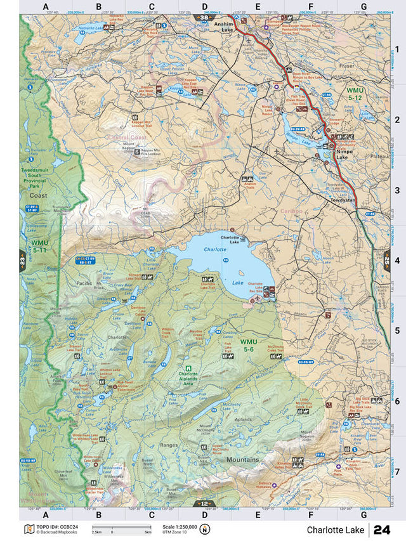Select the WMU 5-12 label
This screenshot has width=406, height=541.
[x=354, y=95]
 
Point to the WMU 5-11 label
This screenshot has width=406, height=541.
[x=39, y=246]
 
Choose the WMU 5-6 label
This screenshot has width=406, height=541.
[x=249, y=346]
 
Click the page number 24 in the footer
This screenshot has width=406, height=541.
[x=382, y=530]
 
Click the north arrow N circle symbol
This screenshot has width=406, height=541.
[x=204, y=530]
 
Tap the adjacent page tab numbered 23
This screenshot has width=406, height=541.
[x=22, y=260]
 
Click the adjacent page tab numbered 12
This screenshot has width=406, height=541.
[x=204, y=503]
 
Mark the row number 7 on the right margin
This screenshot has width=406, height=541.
[x=396, y=471]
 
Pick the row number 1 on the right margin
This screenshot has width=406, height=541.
[x=396, y=49]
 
